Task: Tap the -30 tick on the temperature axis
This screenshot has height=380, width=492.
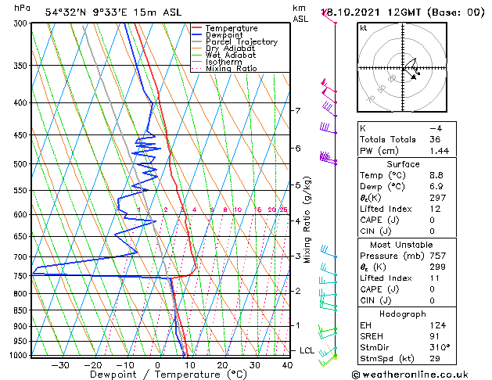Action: click(60, 365)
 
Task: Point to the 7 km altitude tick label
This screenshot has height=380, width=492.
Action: click(298, 110)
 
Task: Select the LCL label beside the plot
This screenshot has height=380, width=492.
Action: click(307, 350)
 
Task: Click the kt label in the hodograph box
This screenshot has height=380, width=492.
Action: click(364, 27)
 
